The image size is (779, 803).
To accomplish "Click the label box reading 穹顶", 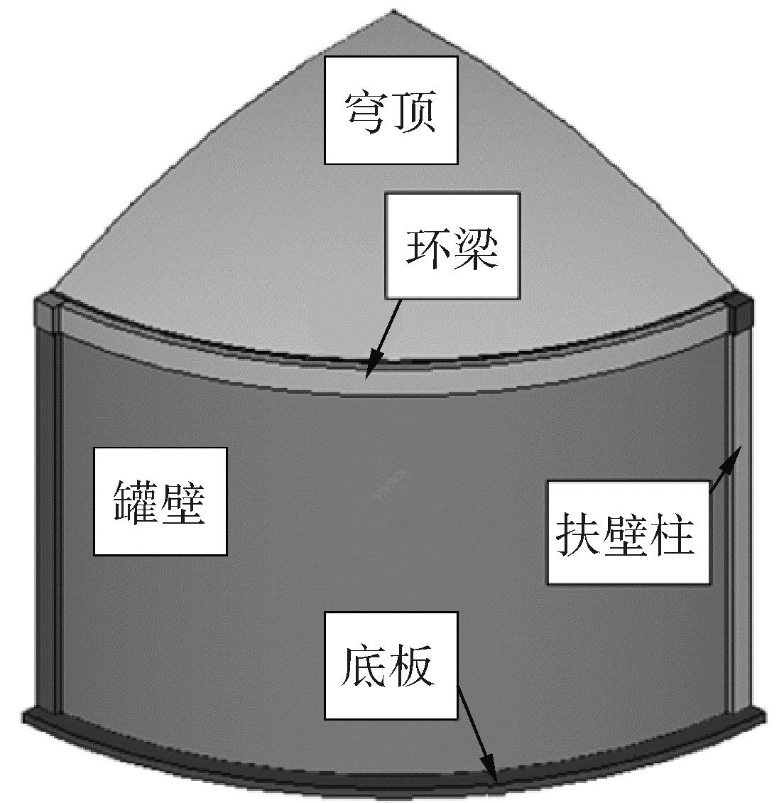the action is [391, 110].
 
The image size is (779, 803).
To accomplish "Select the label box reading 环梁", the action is [452, 245].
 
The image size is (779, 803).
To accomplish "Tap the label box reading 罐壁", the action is [160, 501].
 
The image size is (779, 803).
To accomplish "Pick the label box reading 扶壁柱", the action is [628, 533].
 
